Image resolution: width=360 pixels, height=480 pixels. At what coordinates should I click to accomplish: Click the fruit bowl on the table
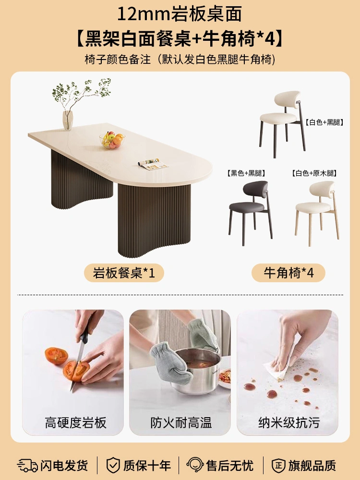coord(112,140)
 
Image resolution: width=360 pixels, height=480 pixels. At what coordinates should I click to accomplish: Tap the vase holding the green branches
coord(68,120)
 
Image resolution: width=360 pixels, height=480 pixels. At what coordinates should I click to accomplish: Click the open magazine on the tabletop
coord(153,164)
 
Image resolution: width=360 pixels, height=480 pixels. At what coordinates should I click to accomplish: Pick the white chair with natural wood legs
coord(317,213)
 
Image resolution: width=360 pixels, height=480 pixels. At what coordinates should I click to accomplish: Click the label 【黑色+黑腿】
coord(246,173)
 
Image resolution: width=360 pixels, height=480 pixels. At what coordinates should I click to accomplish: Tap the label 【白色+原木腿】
coord(314,173)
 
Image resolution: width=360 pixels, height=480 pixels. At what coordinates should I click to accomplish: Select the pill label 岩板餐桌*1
coord(124,273)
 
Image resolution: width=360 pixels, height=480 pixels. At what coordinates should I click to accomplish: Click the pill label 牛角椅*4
coord(288,273)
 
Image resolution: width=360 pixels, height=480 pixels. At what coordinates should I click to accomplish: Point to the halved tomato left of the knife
coord(56,356)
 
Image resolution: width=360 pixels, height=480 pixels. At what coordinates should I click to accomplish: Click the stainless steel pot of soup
coord(195,370)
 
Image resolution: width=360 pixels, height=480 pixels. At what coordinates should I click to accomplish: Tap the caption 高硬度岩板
coord(76,423)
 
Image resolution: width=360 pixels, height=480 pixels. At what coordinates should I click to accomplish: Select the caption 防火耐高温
coord(181,423)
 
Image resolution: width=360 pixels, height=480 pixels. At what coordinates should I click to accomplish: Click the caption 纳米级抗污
coord(289,423)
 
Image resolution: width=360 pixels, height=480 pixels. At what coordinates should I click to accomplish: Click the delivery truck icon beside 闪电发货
coord(27,465)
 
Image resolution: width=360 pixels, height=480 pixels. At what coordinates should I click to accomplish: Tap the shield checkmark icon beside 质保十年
coord(113,465)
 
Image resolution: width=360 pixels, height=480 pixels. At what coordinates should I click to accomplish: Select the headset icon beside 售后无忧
coord(195,465)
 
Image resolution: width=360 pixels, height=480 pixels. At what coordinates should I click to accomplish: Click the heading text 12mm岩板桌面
coord(180,14)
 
